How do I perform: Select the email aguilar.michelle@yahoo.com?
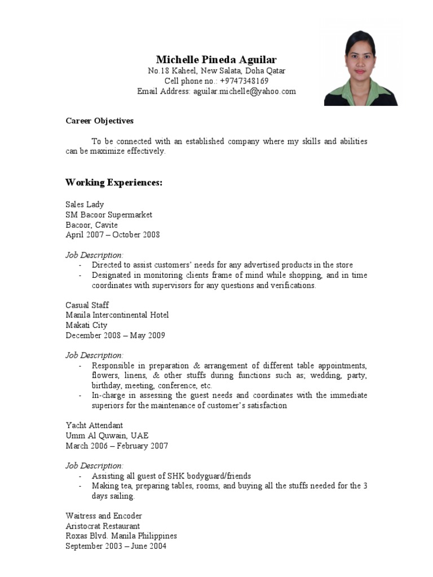tap(244, 91)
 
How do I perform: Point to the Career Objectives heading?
tap(99, 121)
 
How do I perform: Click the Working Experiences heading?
tap(114, 183)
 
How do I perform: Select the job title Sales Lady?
tap(85, 205)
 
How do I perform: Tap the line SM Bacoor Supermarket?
tap(109, 215)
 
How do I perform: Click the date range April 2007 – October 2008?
tap(113, 235)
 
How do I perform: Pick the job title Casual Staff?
tap(87, 305)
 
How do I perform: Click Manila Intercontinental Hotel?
tap(117, 315)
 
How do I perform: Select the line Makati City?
tap(86, 325)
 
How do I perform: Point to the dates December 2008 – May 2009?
tap(115, 335)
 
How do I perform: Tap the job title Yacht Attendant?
tap(94, 425)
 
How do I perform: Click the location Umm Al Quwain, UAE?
tap(107, 436)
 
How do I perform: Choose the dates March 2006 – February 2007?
tap(117, 446)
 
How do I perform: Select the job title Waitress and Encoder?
tap(104, 516)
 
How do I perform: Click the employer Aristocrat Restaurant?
tap(103, 526)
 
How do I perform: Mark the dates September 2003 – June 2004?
tap(116, 546)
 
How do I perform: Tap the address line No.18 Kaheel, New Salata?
tap(216, 71)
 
